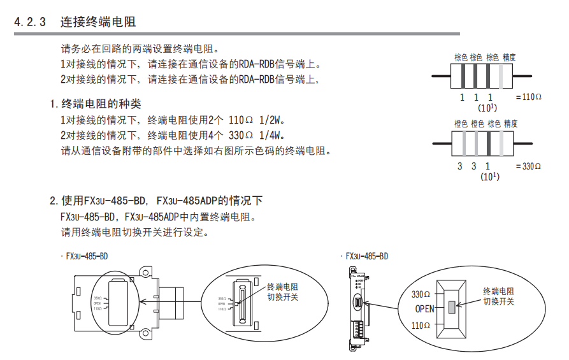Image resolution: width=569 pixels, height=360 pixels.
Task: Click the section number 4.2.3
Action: (x=30, y=22)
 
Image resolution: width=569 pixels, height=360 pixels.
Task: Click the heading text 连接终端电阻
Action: (x=98, y=22)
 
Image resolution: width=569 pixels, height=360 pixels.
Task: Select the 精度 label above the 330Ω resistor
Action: (x=510, y=124)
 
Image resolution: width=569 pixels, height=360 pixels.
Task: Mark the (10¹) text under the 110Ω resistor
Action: (x=487, y=107)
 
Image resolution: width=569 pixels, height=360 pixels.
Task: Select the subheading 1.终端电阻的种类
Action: (x=96, y=103)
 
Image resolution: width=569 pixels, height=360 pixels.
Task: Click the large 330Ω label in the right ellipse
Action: (x=421, y=294)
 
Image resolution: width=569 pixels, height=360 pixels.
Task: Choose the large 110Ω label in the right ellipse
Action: (x=421, y=326)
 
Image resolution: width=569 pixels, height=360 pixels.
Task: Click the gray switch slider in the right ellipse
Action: (x=452, y=307)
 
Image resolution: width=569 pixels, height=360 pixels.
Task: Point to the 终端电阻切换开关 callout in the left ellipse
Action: (x=282, y=292)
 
